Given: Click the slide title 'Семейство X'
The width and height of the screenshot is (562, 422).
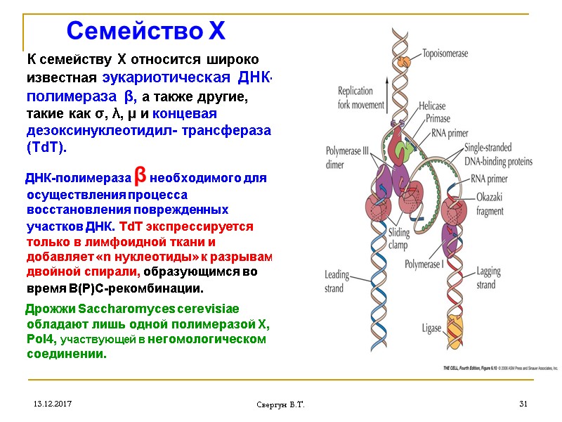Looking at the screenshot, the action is [x=145, y=31].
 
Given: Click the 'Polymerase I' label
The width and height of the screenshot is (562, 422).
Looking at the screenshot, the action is [x=427, y=265].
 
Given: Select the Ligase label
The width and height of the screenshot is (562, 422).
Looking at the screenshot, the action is [x=431, y=328].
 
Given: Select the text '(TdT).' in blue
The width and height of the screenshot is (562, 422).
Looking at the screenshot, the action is [x=47, y=148].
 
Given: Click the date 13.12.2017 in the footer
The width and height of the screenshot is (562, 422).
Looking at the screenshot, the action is [x=51, y=404].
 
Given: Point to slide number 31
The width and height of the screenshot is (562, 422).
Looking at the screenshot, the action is [x=522, y=404].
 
